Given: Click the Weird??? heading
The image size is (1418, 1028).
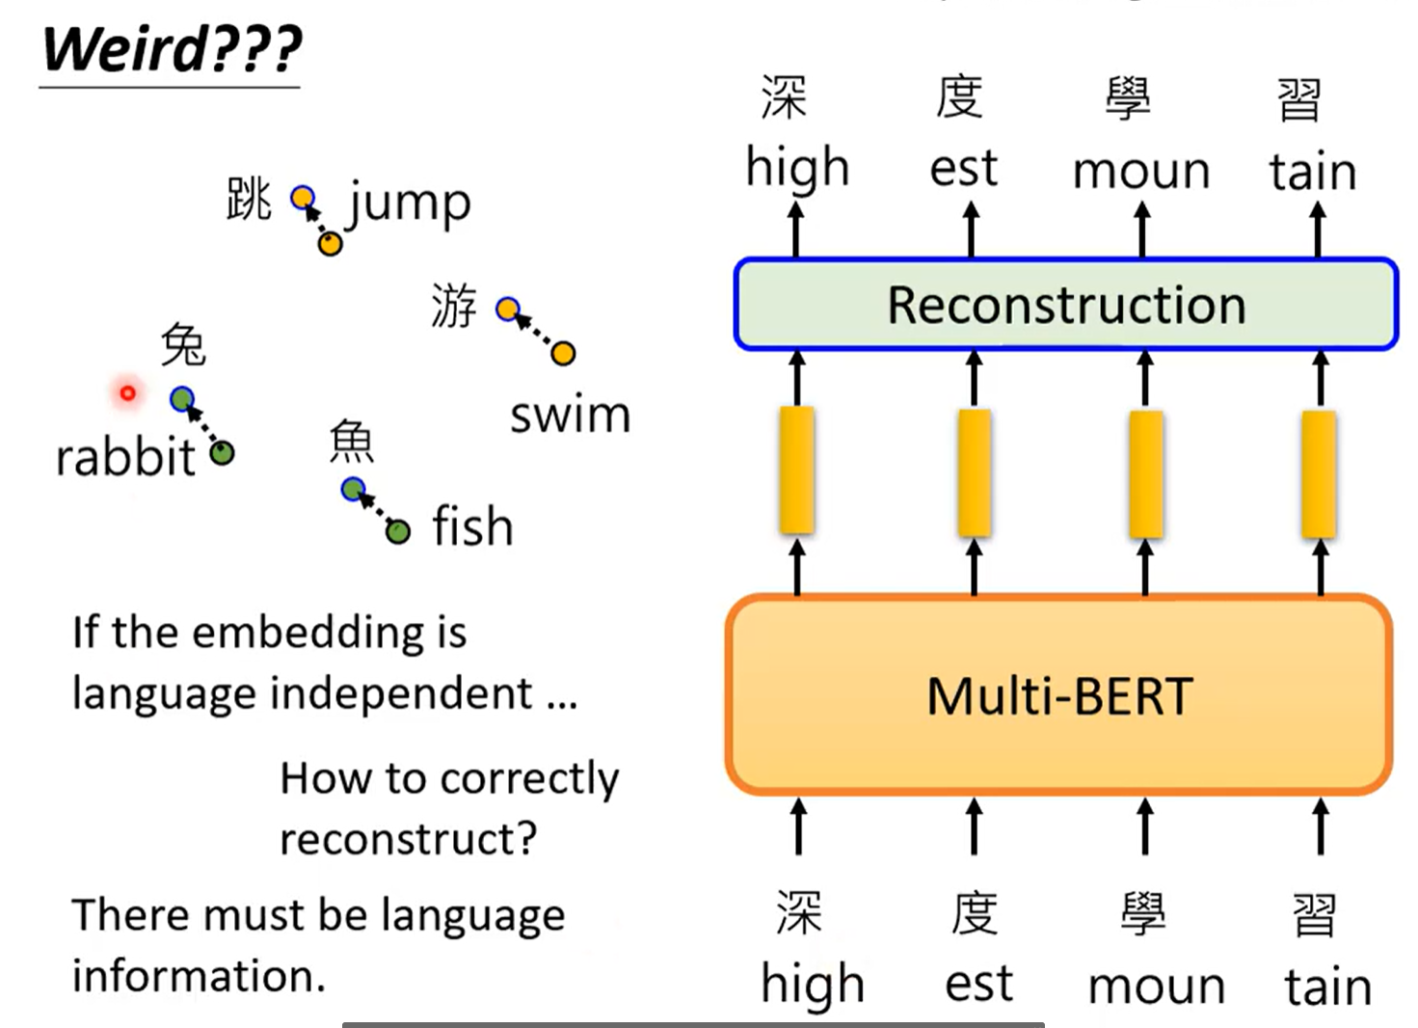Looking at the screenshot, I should (x=172, y=49).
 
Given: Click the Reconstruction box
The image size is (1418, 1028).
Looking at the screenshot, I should (x=1065, y=305).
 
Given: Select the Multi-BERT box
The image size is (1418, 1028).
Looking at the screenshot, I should (x=1059, y=695).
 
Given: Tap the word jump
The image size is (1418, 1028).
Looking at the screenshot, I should (x=409, y=203).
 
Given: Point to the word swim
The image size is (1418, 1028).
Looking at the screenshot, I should (x=570, y=416).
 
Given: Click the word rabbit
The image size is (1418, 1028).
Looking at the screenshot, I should (x=125, y=457).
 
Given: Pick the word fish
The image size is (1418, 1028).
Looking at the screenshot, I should (x=472, y=527).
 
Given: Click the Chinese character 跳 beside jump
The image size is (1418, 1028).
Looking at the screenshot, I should (x=249, y=200).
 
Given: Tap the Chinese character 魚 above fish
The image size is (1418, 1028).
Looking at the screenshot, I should (x=351, y=442).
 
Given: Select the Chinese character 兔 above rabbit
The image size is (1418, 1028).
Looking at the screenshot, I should (x=183, y=344).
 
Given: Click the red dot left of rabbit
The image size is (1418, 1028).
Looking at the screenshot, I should (x=127, y=392).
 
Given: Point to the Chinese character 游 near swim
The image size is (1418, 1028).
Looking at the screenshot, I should (x=453, y=306).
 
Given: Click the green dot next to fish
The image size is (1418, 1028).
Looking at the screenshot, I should (x=397, y=530).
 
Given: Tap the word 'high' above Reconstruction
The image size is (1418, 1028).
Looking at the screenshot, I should (x=797, y=169).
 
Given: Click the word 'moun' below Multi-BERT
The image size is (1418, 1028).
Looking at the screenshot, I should (x=1156, y=986).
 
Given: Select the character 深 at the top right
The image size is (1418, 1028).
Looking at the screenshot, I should (x=784, y=97).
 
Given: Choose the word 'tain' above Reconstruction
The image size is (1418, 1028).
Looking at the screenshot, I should (x=1312, y=172).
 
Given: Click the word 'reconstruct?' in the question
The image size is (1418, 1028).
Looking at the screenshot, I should (x=408, y=839).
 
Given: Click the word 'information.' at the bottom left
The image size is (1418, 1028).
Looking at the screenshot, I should (x=199, y=976).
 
